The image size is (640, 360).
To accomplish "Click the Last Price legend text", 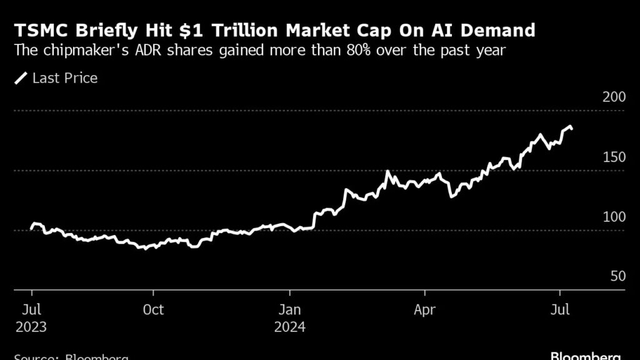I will [64, 78].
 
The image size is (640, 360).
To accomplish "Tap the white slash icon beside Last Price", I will [22, 78].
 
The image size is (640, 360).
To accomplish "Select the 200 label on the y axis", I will [614, 97].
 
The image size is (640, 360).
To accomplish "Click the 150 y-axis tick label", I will [614, 157].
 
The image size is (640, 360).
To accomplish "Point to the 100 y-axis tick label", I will [614, 217].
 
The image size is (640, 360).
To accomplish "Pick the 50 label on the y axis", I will [617, 276].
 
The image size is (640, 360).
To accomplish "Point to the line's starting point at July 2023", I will [32, 228].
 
